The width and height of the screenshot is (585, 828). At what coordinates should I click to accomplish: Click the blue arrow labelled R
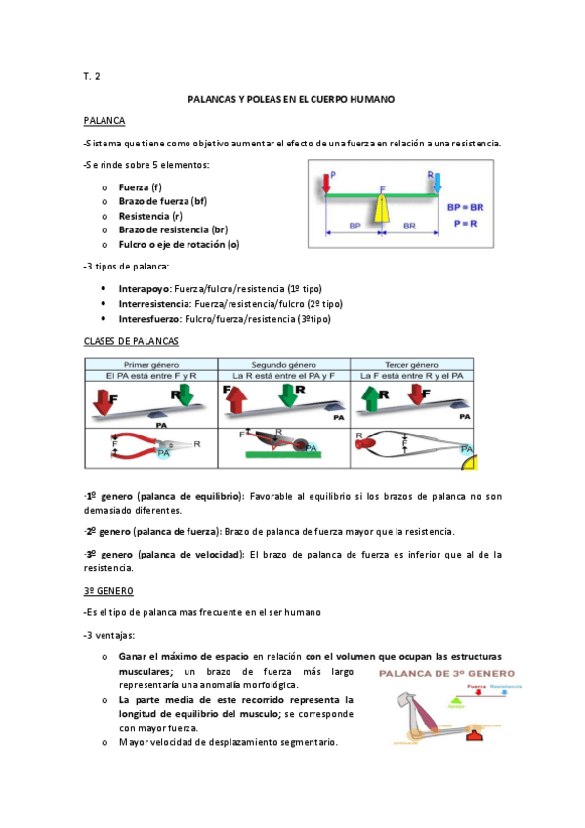tap(437, 183)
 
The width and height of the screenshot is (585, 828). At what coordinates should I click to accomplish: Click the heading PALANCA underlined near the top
tap(104, 120)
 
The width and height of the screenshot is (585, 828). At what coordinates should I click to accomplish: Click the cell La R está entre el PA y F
tap(283, 375)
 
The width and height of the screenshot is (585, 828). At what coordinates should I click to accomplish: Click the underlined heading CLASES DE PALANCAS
tap(130, 341)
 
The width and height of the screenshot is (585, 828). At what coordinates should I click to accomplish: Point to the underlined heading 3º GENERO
tap(108, 590)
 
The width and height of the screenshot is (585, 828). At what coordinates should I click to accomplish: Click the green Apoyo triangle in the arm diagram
tap(454, 703)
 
